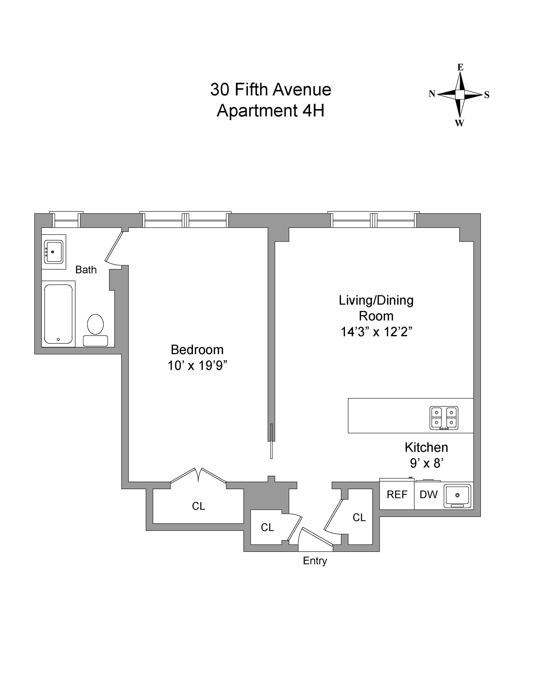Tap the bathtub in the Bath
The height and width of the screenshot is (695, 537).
coord(58,314)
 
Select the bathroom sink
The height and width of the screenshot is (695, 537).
coord(54,252)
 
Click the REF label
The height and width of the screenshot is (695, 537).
coord(397,494)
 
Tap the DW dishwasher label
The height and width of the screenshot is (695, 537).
coord(428,494)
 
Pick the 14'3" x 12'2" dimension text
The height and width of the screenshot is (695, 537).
coord(376,332)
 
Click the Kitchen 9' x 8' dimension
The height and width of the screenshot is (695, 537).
coord(427,463)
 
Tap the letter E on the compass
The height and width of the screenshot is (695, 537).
coord(460,67)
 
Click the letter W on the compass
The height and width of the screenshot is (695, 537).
coord(459,123)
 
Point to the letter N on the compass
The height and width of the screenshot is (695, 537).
coord(432,94)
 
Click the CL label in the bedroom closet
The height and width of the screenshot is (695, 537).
coord(198,506)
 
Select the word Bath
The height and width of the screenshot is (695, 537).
coord(86,270)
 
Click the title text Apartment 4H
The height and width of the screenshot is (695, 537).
coord(270,111)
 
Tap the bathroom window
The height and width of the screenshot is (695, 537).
coord(66,220)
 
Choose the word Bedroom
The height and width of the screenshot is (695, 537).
coord(197,350)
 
